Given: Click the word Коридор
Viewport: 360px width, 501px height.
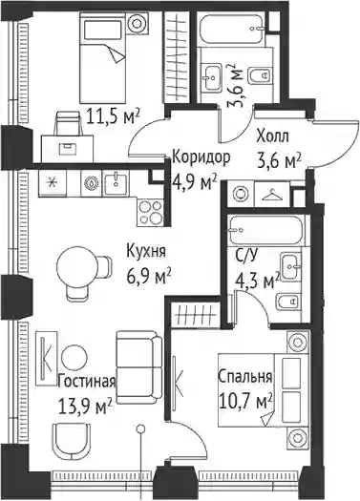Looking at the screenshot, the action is point(201,157).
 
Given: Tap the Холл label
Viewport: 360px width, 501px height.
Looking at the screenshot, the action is point(272,136).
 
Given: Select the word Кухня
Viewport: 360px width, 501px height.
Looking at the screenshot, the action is point(146,251).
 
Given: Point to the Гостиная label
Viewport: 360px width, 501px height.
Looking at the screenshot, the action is point(87,382).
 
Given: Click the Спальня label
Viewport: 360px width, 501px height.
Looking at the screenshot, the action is point(244,377).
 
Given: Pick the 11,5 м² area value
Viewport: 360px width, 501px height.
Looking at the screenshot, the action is point(114,117).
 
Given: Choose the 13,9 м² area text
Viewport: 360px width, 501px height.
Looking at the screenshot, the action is point(85,406).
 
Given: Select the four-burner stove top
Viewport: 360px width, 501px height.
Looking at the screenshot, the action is point(150,212).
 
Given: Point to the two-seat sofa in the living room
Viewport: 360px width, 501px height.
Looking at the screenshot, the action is point(139,367).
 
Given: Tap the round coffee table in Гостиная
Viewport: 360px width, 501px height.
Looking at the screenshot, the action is point(74,358).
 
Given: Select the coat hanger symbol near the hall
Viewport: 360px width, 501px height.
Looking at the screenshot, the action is point(272,195).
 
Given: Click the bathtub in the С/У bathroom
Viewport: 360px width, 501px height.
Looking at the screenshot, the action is point(266,229).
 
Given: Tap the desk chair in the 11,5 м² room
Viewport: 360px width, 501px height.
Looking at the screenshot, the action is point(67,122).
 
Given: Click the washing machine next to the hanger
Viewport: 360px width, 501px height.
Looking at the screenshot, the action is point(240,194).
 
